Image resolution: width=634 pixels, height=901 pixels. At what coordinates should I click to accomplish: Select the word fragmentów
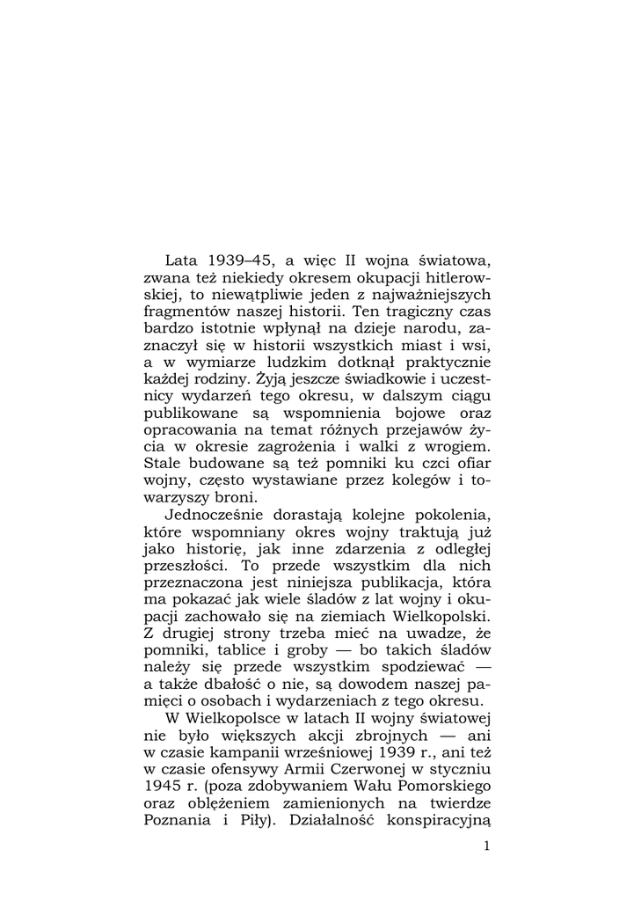pos(185,311)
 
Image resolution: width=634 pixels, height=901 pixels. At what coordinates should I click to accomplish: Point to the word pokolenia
pos(454,515)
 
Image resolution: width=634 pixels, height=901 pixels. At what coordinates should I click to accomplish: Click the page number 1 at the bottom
pos(486,846)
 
